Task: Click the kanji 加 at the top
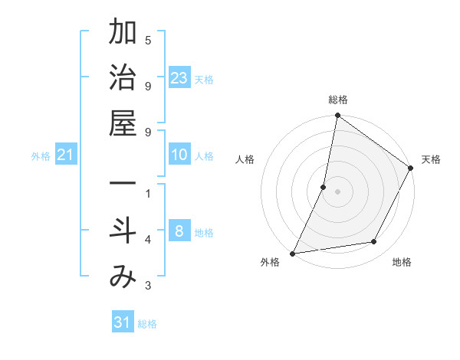[123, 34]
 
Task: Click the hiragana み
[123, 277]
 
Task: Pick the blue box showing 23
[179, 77]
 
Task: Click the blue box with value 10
[179, 155]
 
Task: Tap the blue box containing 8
[179, 231]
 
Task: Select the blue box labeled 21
[66, 155]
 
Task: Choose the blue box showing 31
[123, 322]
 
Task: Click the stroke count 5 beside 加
[148, 40]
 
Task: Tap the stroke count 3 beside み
[148, 286]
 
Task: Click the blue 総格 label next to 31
[147, 324]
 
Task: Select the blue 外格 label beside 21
[41, 156]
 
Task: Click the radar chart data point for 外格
[292, 254]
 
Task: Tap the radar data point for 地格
[374, 242]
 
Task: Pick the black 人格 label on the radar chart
[245, 159]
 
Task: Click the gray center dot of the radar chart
[337, 191]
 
